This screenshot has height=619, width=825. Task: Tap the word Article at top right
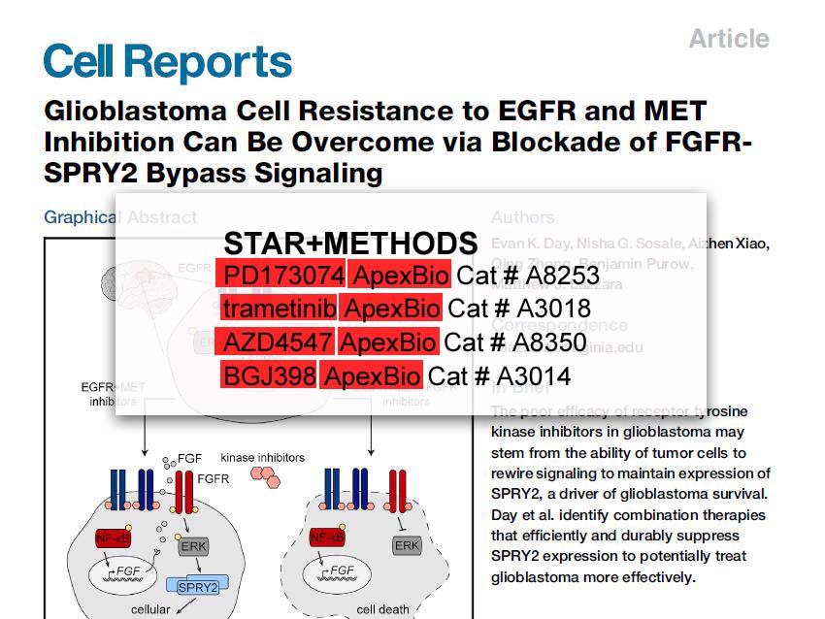tap(728, 39)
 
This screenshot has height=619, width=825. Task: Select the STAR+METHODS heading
tap(350, 244)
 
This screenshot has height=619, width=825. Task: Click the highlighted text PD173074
tap(280, 276)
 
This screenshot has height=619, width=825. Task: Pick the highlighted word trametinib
tap(280, 309)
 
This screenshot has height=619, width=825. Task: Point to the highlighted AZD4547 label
tap(277, 342)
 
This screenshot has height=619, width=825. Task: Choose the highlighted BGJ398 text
tap(269, 375)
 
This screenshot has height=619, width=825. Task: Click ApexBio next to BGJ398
tap(371, 375)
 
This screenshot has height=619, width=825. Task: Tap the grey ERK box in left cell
tap(194, 546)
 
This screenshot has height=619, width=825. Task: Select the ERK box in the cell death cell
tap(407, 546)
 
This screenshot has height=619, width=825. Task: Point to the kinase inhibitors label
tap(262, 457)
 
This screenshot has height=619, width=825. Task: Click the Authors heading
tap(522, 217)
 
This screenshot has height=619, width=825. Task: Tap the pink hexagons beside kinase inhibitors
tap(266, 475)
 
